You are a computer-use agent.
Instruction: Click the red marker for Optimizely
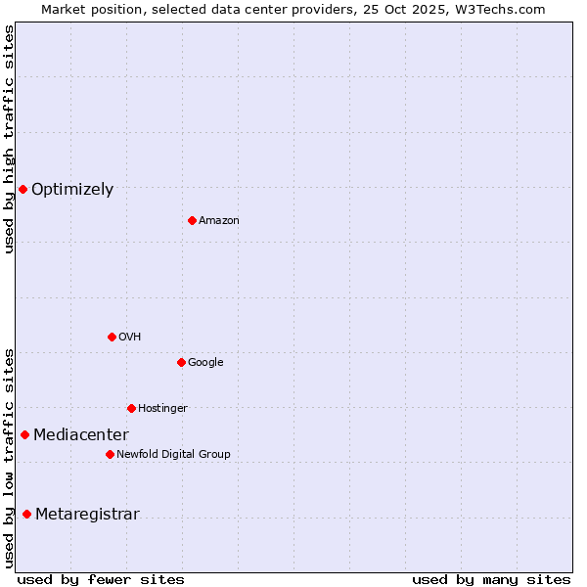(23, 189)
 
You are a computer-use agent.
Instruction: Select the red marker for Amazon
(192, 220)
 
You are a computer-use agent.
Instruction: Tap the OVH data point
(112, 337)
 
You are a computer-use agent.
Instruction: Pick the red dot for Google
(181, 362)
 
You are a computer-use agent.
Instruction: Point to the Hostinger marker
(131, 408)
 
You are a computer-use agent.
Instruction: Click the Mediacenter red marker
(24, 434)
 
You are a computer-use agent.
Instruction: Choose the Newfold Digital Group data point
(110, 454)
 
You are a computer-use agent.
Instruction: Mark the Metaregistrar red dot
(26, 515)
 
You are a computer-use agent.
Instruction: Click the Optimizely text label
(72, 190)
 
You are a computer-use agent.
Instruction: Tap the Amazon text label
(219, 221)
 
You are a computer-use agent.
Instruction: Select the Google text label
(205, 363)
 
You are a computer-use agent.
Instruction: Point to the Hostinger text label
(162, 409)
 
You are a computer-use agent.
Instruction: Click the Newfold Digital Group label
(173, 455)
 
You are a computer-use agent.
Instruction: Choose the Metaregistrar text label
(87, 515)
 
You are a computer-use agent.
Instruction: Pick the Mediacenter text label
(81, 435)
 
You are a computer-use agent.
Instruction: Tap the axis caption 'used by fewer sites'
(101, 579)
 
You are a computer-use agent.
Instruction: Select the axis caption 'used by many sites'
(491, 579)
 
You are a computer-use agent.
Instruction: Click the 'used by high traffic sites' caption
(9, 139)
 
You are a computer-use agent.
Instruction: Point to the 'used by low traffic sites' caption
(9, 458)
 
